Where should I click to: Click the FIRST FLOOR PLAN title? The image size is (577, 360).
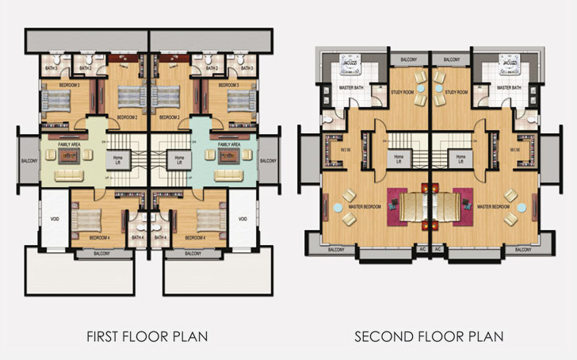point(147,337)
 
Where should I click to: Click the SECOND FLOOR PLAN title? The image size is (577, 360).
point(429,337)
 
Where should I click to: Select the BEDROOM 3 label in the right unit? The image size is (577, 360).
point(229,84)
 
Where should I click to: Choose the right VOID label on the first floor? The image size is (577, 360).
point(243,219)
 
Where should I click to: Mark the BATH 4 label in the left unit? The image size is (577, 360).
point(137,237)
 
